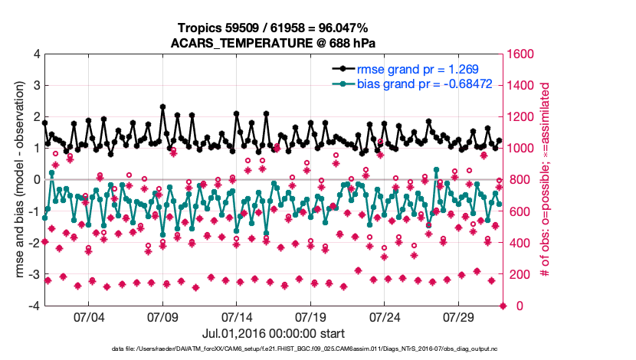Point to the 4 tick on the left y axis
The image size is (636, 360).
35,54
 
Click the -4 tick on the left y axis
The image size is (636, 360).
33,306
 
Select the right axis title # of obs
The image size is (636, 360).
546,180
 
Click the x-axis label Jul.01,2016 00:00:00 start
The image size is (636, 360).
274,333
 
